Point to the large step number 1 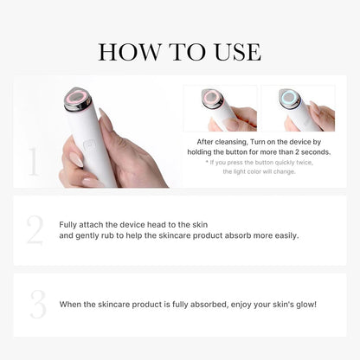point(34,161)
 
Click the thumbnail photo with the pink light point(221,107)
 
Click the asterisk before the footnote point(206,163)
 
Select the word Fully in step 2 point(69,224)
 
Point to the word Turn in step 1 point(263,139)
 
